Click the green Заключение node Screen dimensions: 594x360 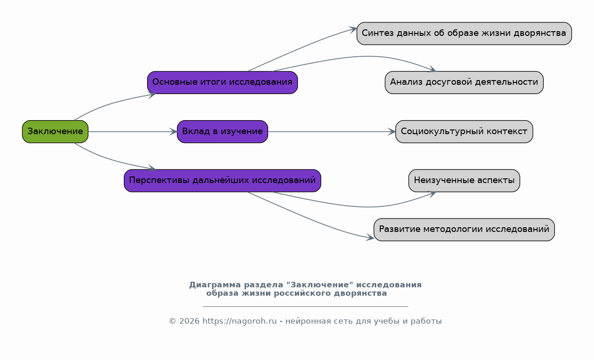pyautogui.click(x=55, y=132)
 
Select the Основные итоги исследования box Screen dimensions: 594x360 pyautogui.click(x=223, y=82)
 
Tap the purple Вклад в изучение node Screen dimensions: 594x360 pyautogui.click(x=223, y=132)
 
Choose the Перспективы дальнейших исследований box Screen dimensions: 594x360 pyautogui.click(x=223, y=181)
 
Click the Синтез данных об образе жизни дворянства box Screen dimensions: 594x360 pyautogui.click(x=464, y=34)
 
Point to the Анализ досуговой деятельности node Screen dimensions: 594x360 pyautogui.click(x=464, y=82)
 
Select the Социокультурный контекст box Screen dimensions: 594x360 pyautogui.click(x=464, y=132)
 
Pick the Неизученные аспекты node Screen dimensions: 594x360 pyautogui.click(x=464, y=181)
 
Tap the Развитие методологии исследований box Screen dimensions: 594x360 pyautogui.click(x=464, y=230)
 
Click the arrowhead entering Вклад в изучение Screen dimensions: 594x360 pyautogui.click(x=173, y=132)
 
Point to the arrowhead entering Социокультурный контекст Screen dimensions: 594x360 pyautogui.click(x=391, y=132)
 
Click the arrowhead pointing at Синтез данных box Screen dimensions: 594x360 pyautogui.click(x=353, y=29)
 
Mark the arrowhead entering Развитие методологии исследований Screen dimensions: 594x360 pyautogui.click(x=370, y=238)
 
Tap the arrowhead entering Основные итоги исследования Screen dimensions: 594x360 pyautogui.click(x=152, y=95)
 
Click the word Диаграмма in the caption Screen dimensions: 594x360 pyautogui.click(x=215, y=285)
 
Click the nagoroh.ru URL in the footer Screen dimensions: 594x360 pyautogui.click(x=240, y=321)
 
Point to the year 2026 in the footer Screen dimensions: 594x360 pyautogui.click(x=189, y=321)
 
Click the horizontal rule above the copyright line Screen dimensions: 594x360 pyautogui.click(x=305, y=307)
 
